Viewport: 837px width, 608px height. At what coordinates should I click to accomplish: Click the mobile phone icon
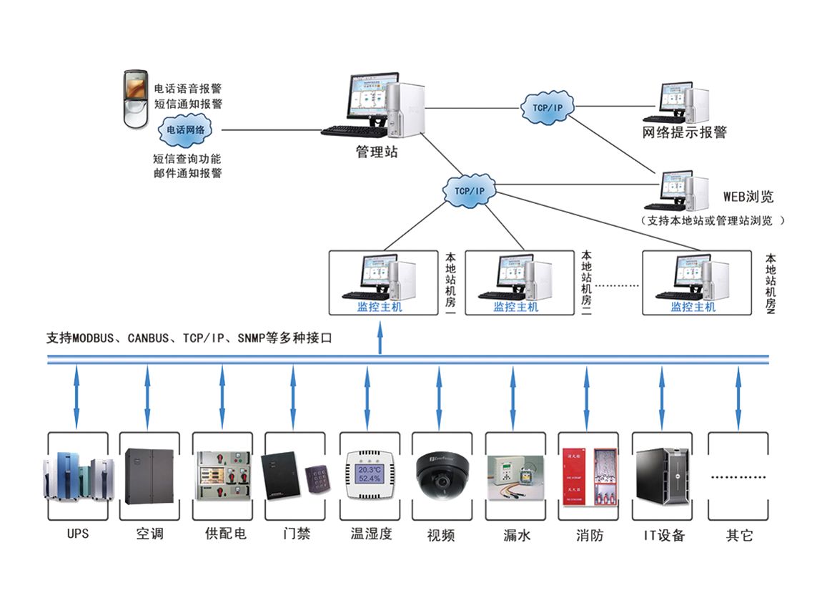(x=136, y=99)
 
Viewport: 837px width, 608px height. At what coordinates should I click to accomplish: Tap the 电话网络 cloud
(x=185, y=130)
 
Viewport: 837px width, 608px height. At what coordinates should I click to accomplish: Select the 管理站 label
(x=377, y=152)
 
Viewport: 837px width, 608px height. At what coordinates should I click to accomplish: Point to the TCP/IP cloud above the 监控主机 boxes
(x=470, y=191)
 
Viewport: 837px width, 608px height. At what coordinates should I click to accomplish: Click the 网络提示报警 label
(x=684, y=132)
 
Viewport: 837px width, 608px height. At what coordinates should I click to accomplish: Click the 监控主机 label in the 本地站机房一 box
(x=380, y=307)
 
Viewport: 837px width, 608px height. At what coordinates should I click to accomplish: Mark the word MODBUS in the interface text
(x=93, y=338)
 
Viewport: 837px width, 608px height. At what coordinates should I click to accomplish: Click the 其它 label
(x=739, y=534)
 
